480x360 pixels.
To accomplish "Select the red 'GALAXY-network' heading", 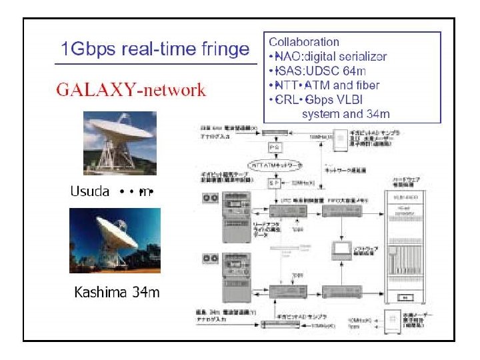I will click(x=131, y=91).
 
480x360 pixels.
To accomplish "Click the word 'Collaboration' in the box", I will click(x=303, y=42).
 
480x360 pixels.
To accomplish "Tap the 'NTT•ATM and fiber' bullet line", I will click(x=324, y=85).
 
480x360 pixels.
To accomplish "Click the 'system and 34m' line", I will click(x=346, y=114).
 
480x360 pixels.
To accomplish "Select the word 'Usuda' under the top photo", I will click(x=90, y=192).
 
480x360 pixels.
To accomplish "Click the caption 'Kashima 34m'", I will click(x=117, y=292).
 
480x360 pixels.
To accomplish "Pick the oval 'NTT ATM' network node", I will click(x=275, y=164).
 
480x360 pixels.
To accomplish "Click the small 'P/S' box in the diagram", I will click(x=275, y=147).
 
